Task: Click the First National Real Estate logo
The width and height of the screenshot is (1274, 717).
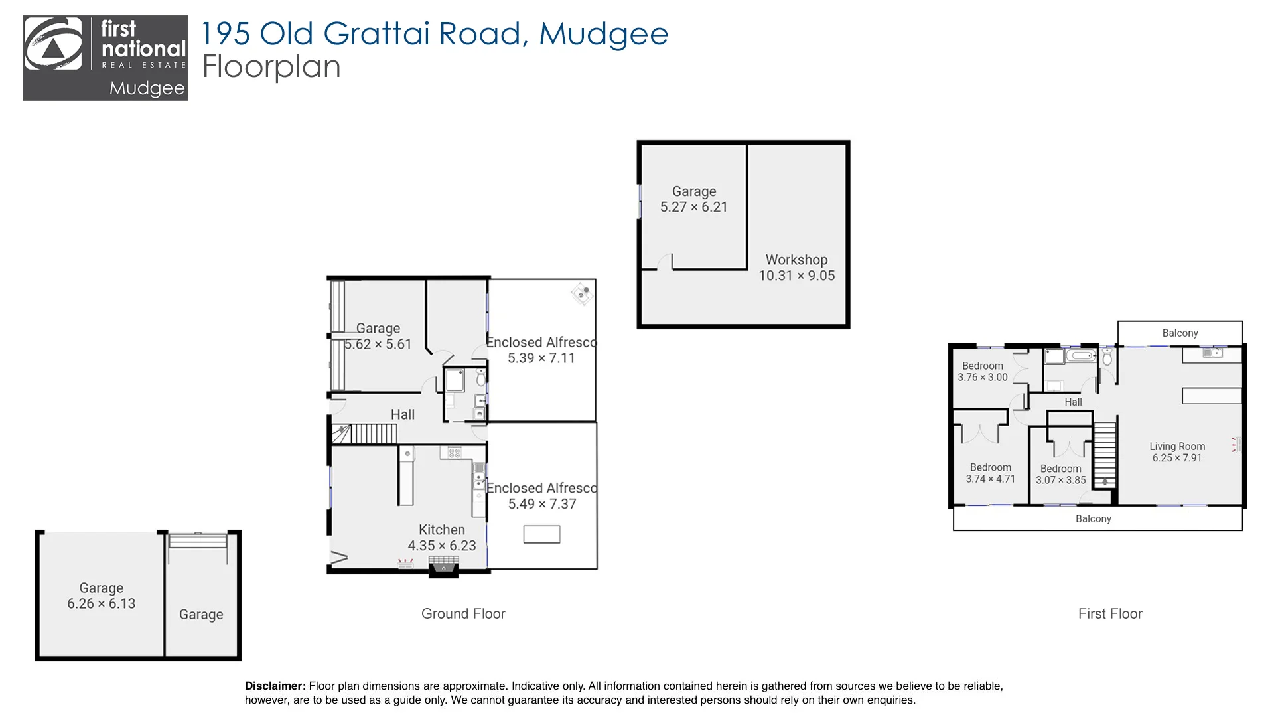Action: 106,58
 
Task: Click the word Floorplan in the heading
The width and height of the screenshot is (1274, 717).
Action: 271,67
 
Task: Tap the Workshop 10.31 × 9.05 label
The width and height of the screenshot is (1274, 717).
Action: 796,268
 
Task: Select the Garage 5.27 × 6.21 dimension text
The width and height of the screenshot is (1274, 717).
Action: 693,207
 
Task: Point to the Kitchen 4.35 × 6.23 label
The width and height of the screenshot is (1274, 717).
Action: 441,538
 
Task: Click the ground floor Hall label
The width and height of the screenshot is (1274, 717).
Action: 402,414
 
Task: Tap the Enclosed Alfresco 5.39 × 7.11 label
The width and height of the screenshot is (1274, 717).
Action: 541,350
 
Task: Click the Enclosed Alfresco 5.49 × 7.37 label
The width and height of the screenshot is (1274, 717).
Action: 541,496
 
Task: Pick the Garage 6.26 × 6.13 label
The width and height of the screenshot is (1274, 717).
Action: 101,596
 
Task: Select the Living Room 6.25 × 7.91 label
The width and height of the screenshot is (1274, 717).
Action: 1177,452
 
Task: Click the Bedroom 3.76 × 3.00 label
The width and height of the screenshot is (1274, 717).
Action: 982,371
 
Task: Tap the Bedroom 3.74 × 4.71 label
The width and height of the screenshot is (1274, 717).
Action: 990,473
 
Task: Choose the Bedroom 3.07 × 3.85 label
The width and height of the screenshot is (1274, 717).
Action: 1060,474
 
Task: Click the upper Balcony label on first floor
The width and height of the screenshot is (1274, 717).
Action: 1180,333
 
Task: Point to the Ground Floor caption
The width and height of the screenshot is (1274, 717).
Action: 463,613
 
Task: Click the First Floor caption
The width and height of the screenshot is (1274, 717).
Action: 1110,613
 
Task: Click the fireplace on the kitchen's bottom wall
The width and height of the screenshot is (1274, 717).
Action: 443,566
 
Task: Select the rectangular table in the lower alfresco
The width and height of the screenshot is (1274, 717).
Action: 541,534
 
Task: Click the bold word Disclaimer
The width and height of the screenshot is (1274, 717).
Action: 275,686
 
